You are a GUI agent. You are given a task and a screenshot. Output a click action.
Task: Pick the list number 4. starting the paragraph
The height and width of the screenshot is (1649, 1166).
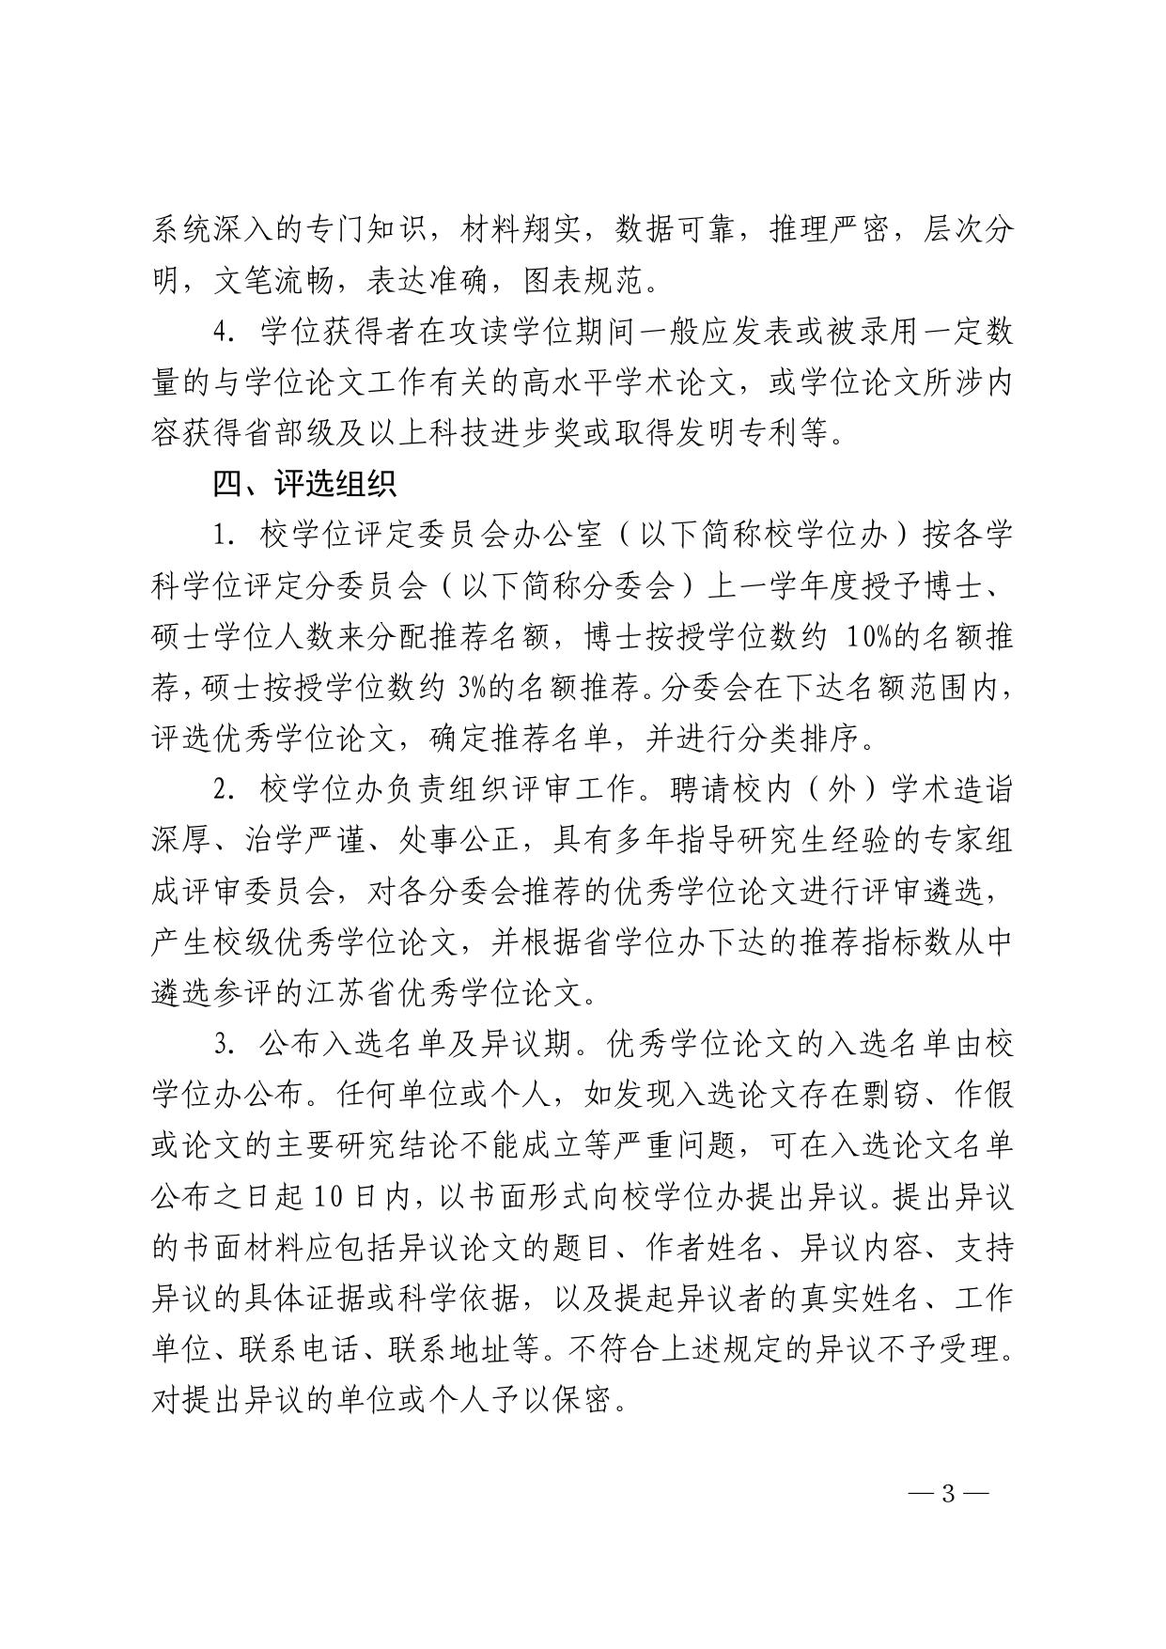pos(223,333)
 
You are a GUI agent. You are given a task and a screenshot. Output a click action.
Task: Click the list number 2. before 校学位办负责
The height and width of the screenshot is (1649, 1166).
pos(223,789)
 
